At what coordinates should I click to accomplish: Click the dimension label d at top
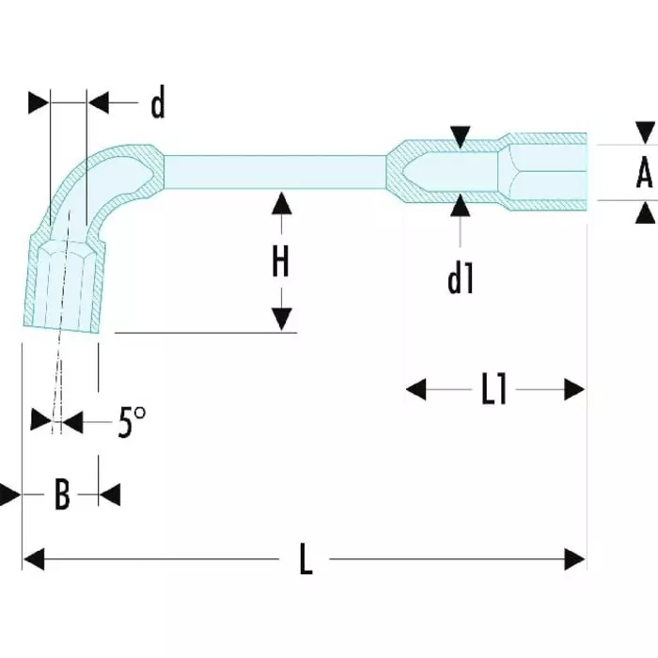[x=158, y=105]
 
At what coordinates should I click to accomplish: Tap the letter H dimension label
[x=280, y=262]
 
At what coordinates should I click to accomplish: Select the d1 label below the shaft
[x=460, y=278]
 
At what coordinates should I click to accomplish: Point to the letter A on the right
[x=644, y=173]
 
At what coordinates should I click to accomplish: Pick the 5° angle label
[x=133, y=424]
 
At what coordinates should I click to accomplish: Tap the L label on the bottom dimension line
[x=305, y=561]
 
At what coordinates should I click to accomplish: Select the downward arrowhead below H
[x=280, y=321]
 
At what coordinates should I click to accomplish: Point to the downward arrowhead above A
[x=645, y=133]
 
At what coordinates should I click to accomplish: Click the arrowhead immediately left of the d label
[x=99, y=102]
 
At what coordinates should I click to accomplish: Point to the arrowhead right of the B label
[x=109, y=494]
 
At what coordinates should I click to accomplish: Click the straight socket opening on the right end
[x=550, y=171]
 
